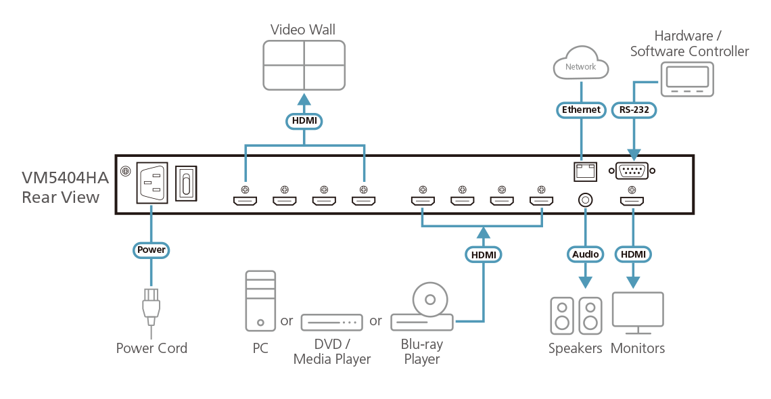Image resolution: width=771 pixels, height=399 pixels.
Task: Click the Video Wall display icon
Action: pos(304,64)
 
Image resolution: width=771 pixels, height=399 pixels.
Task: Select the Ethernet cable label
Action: pos(581,110)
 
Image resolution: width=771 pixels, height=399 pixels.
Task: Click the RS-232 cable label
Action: pos(634,110)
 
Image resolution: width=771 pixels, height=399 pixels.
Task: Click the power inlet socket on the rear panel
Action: pos(150,183)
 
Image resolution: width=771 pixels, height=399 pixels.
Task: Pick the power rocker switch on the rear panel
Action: pos(186,183)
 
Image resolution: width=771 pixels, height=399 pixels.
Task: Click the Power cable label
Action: pos(150,250)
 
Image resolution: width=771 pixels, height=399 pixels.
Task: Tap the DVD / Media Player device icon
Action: pos(332,322)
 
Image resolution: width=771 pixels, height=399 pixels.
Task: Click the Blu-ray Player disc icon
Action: pos(430,298)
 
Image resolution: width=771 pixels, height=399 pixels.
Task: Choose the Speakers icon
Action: pos(576,316)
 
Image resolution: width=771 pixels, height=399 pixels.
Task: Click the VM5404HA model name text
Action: pos(65,179)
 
